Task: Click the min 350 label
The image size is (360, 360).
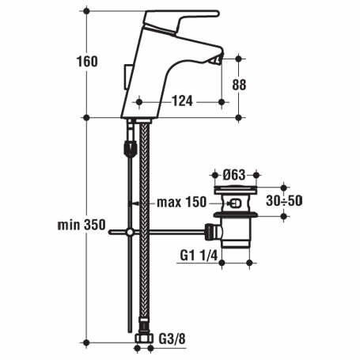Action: point(81,225)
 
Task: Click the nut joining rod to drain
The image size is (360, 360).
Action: point(210,232)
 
